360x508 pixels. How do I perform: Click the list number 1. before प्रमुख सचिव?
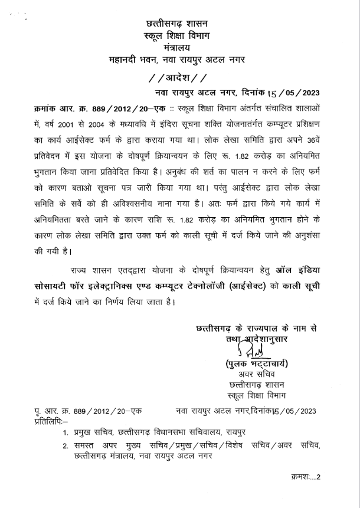(65, 435)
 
